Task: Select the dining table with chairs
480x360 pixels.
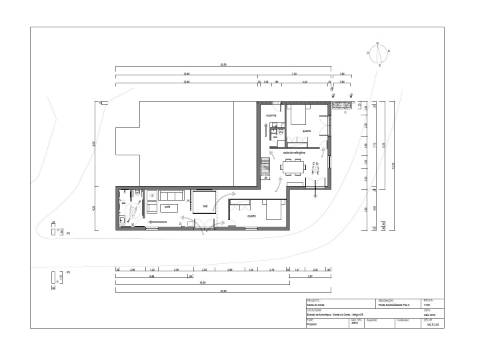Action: (x=294, y=167)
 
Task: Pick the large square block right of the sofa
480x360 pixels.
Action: (x=207, y=200)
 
